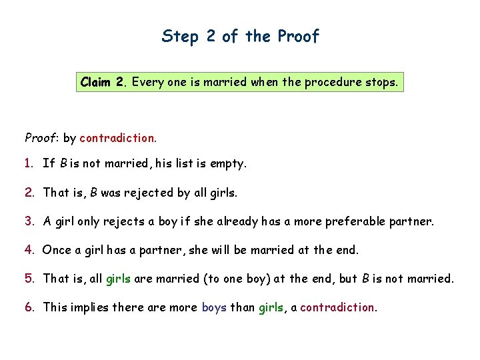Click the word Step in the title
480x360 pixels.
[181, 37]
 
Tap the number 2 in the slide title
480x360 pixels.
[211, 36]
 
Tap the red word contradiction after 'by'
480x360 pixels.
[117, 138]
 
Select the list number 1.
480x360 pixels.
[29, 163]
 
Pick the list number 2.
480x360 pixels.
[29, 193]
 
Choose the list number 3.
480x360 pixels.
[29, 221]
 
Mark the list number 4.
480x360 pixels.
[29, 250]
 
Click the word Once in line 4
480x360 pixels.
[56, 250]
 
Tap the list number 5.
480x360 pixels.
[29, 279]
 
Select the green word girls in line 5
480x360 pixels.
[119, 279]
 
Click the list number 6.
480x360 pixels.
[29, 307]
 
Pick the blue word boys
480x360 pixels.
[214, 307]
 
